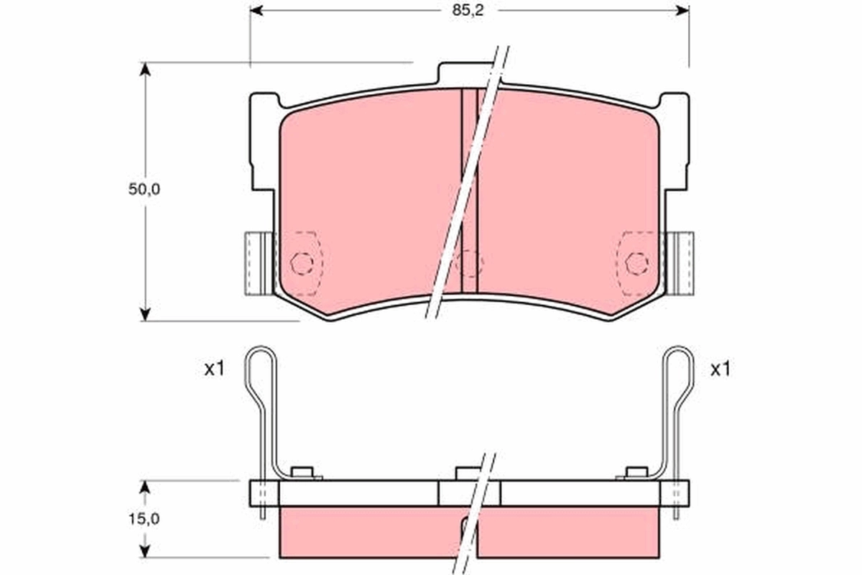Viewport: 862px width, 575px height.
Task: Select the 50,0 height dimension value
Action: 144,190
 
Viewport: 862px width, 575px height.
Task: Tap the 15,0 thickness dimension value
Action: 144,520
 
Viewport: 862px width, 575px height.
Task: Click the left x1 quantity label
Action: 215,369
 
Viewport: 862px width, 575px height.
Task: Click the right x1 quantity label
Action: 720,369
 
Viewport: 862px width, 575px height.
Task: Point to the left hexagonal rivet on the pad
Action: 301,264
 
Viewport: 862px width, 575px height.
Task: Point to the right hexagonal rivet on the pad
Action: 635,264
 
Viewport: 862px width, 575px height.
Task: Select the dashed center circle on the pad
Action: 469,262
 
